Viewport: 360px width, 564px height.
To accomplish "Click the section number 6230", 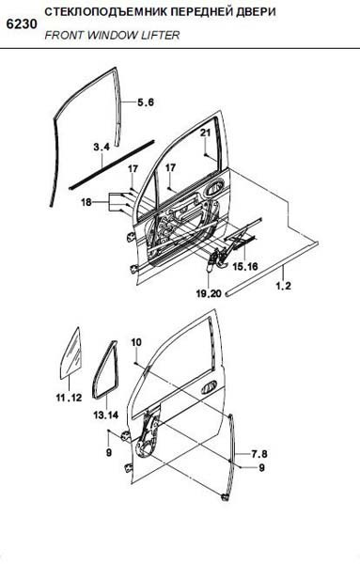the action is coord(22,24).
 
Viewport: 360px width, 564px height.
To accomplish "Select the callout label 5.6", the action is coord(146,102).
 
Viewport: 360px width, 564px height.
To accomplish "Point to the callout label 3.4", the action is coord(102,147).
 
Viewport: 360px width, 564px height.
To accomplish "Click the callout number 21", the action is coord(205,133).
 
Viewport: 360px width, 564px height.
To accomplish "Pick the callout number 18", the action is coord(86,202).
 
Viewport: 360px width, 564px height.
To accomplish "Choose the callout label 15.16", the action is coord(245,267).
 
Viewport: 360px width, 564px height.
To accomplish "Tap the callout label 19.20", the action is coord(209,294).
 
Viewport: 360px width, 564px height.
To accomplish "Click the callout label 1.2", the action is coord(284,287).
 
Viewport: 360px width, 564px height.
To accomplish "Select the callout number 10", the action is coord(136,342).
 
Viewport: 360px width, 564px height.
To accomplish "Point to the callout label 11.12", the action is coord(69,398).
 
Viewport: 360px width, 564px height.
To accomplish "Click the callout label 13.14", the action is coord(105,415).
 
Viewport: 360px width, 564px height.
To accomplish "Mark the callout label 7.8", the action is coord(258,454).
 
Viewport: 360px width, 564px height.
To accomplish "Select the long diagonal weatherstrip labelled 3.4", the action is coord(112,164).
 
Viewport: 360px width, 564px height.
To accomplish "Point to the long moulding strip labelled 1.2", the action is coord(273,269).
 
